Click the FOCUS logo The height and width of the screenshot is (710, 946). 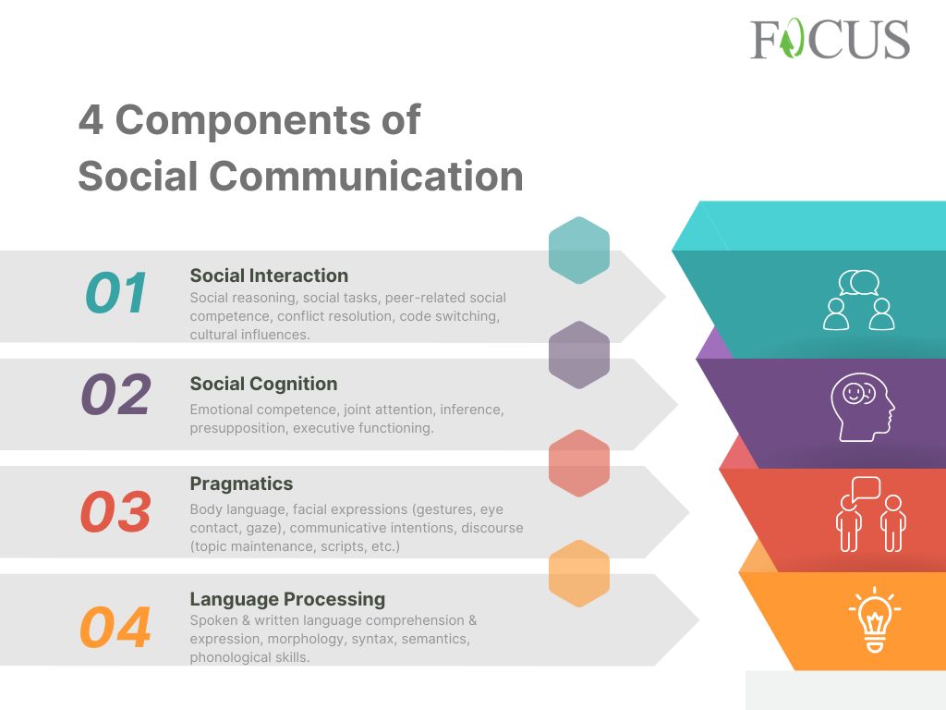830,40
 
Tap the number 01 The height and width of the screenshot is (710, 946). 116,293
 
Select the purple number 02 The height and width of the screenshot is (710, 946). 115,395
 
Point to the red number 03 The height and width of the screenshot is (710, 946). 115,511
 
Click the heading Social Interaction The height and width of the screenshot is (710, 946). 269,275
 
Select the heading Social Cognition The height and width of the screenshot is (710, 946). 263,384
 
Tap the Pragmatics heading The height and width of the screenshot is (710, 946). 241,484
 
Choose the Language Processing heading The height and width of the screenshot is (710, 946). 287,599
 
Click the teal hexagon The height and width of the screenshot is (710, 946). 579,250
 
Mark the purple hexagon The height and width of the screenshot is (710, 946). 579,354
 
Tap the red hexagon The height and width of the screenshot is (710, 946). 579,462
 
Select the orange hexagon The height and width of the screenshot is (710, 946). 579,573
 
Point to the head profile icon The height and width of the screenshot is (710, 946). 862,407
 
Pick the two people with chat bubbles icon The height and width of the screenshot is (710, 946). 859,300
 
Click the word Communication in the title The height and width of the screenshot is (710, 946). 366,176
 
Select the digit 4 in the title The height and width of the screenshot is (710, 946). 91,120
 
